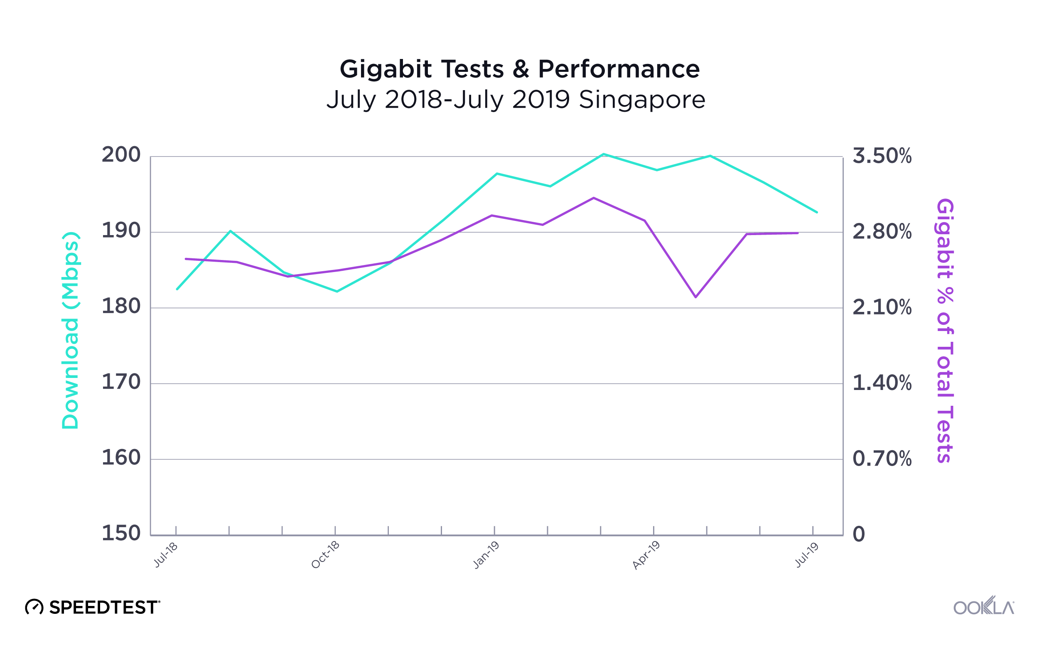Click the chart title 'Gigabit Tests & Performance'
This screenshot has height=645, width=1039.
click(519, 69)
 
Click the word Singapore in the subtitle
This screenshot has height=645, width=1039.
click(642, 100)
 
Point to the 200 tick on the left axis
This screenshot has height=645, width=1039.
click(121, 155)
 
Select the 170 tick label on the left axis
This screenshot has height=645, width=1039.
click(121, 382)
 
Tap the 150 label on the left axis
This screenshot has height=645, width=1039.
click(121, 533)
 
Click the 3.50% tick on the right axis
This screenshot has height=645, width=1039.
click(882, 156)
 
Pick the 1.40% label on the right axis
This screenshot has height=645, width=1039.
click(882, 383)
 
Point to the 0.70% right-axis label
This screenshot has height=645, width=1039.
click(882, 459)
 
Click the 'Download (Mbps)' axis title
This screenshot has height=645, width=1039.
click(70, 331)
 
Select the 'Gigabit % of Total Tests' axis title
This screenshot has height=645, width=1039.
click(945, 331)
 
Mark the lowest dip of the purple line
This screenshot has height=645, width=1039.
click(696, 297)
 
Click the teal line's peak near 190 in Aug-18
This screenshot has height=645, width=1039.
click(231, 231)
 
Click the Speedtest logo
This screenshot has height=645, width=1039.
click(93, 607)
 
